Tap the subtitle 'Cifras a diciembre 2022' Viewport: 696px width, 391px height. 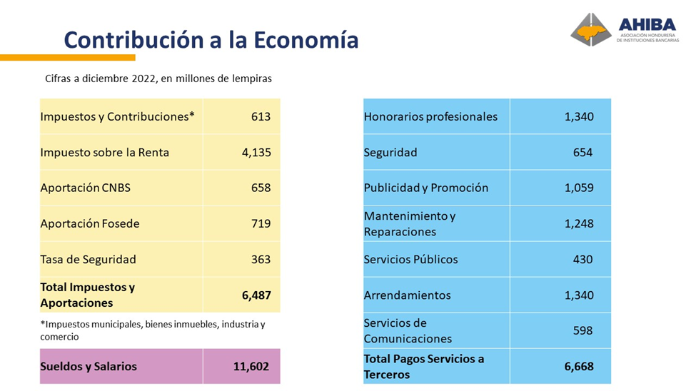tap(158, 78)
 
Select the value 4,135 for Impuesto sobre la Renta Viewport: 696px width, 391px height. tap(256, 152)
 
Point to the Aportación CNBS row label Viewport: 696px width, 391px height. tap(86, 188)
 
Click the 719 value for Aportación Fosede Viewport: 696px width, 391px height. tap(261, 223)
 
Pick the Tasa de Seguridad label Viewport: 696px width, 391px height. tap(89, 259)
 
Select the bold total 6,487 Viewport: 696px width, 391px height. tap(256, 295)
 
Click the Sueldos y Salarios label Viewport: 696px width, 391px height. tap(89, 367)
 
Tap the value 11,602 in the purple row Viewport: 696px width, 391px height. tap(252, 367)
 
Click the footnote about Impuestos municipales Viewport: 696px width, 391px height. tap(153, 330)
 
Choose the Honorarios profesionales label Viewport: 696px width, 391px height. tap(430, 116)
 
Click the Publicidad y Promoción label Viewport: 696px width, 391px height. tap(426, 188)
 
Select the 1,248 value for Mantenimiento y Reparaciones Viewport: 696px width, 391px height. tap(578, 223)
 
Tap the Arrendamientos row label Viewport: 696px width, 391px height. tap(408, 295)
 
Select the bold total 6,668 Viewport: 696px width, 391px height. tap(578, 367)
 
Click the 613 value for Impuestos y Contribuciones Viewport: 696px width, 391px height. tap(261, 116)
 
